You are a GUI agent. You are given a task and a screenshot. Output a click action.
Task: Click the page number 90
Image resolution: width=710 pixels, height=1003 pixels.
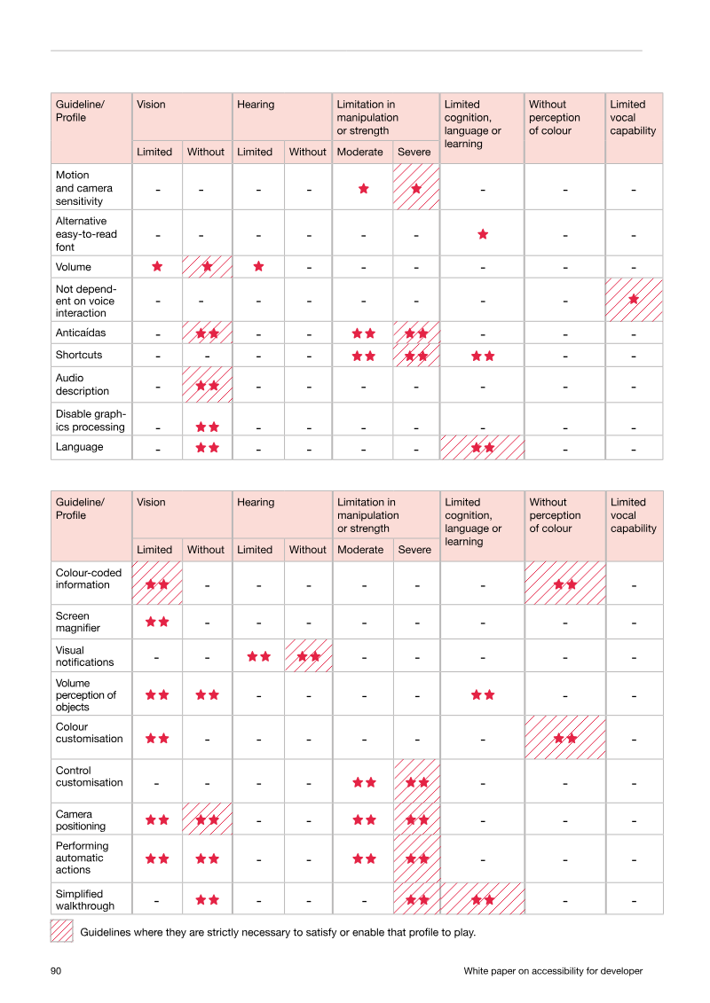[x=56, y=971]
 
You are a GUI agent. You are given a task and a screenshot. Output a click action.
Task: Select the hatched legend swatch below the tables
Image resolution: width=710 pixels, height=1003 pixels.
[x=62, y=930]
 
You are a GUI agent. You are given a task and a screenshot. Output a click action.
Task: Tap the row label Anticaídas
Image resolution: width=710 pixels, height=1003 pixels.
[x=81, y=333]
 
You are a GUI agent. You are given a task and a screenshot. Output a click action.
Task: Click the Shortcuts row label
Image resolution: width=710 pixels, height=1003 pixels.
[x=79, y=355]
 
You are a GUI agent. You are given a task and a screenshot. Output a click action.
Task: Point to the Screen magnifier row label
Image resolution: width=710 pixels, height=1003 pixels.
[x=77, y=622]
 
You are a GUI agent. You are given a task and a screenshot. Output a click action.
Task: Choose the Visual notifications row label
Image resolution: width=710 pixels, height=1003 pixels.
[x=84, y=656]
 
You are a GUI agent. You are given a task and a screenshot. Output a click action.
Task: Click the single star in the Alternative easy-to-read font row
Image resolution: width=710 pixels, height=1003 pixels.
[x=483, y=234]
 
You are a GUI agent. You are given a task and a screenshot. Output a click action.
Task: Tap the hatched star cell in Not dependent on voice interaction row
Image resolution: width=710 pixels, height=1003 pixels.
[x=634, y=300]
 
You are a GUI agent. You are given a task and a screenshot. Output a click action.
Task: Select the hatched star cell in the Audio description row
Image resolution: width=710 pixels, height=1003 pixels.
[x=208, y=385]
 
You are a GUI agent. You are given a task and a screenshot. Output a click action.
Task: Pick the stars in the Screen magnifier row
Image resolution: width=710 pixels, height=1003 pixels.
[x=157, y=622]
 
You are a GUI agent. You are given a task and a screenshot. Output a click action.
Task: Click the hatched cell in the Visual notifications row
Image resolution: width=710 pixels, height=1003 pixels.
[x=309, y=655]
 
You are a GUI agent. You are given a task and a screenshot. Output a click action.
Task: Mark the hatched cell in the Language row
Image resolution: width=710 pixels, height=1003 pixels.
[x=483, y=448]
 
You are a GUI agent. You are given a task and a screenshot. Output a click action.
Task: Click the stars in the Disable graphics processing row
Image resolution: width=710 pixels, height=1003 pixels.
[x=208, y=427]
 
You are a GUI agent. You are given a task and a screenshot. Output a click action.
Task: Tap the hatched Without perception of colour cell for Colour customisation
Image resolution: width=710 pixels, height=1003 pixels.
[x=565, y=738]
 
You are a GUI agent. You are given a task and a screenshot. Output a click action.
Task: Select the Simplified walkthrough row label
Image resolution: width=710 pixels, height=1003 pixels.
[x=85, y=899]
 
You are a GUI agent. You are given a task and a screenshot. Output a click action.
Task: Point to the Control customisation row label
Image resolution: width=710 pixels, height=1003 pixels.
[x=89, y=777]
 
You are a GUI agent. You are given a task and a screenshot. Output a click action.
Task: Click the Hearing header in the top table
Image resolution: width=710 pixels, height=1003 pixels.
[x=256, y=105]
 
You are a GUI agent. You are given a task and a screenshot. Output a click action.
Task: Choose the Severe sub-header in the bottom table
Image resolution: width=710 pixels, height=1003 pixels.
[x=414, y=550]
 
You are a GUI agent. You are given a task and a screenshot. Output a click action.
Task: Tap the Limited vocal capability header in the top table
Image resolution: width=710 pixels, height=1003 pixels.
[x=633, y=118]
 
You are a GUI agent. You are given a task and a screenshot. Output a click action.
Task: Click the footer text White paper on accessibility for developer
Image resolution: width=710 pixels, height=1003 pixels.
[x=553, y=971]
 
